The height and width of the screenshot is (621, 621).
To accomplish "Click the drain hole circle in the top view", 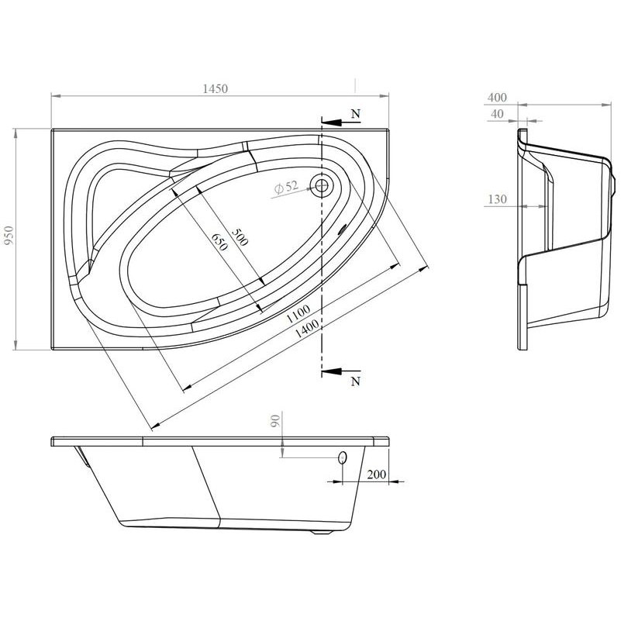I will (x=321, y=185).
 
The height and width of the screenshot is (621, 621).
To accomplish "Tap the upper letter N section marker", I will (x=355, y=113).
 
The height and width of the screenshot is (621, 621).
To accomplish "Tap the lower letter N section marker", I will (x=355, y=381).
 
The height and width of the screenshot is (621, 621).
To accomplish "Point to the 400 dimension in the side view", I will (x=497, y=98).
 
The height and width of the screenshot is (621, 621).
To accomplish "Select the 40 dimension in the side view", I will (x=497, y=114).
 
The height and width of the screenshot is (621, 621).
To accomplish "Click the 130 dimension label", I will (x=497, y=200).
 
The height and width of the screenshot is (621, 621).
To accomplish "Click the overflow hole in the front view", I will (x=342, y=458).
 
